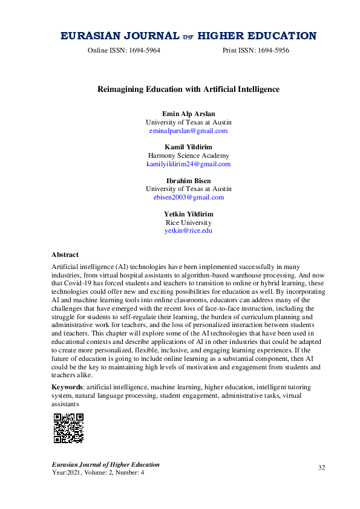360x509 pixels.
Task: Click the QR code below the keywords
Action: tap(68, 428)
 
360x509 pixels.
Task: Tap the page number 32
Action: tap(322, 467)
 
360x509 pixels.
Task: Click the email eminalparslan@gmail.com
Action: tap(188, 131)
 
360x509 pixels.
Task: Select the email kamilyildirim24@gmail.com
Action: tap(188, 164)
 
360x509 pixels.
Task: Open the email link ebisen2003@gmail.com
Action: tap(188, 197)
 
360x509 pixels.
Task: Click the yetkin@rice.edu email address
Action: tap(188, 230)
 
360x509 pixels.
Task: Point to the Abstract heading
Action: tap(65, 255)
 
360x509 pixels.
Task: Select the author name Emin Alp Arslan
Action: tap(188, 114)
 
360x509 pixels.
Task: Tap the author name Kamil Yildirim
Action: tap(188, 147)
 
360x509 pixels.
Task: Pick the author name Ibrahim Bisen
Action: tap(188, 180)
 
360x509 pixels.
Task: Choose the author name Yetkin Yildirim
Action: tap(188, 214)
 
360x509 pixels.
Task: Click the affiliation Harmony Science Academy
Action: tap(188, 155)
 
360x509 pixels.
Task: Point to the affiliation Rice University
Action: tap(188, 222)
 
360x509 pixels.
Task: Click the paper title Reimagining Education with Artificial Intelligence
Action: tap(188, 89)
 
